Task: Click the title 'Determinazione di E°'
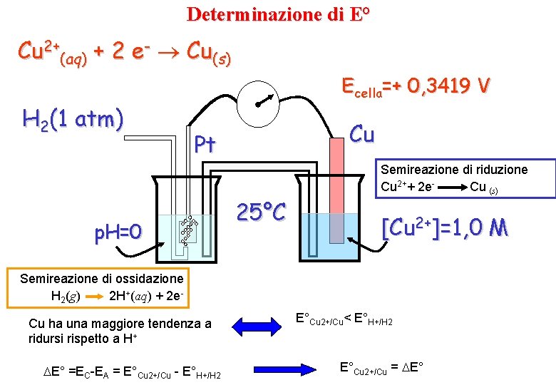click(x=279, y=14)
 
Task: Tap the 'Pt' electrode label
click(x=205, y=145)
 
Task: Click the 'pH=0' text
click(x=118, y=232)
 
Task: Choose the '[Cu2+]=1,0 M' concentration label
click(x=446, y=228)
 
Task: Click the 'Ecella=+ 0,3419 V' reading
click(x=416, y=87)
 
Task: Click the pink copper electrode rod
click(x=336, y=178)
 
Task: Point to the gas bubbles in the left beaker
click(x=188, y=228)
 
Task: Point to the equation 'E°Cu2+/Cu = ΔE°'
click(x=381, y=369)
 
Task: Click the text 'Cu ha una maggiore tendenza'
click(x=120, y=324)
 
